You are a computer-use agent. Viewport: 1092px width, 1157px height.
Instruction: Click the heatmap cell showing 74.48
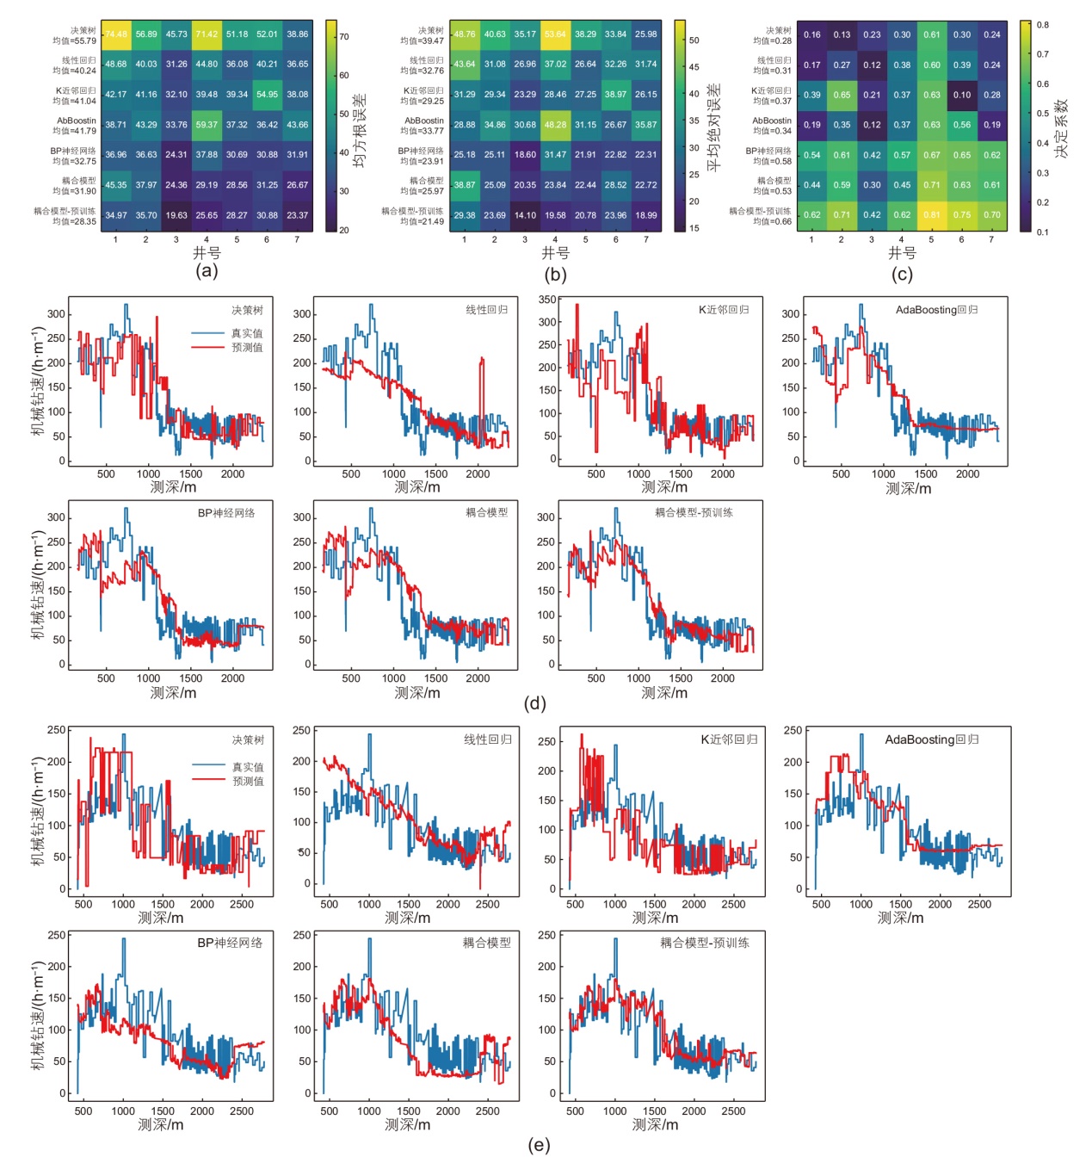tap(116, 34)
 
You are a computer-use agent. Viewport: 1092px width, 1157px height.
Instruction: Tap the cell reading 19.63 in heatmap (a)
tap(176, 215)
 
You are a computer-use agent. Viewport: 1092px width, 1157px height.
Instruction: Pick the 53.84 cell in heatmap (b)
tap(555, 34)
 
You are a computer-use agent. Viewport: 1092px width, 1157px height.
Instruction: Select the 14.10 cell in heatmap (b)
tap(525, 215)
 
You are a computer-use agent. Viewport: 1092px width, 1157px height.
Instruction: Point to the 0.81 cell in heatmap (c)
tap(932, 215)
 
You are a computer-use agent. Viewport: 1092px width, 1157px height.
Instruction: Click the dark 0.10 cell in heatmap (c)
tap(962, 95)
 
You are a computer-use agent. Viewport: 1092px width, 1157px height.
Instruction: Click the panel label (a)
tap(207, 271)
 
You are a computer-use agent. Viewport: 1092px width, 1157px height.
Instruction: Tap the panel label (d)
tap(534, 703)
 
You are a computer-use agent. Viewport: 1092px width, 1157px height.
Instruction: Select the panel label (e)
tap(539, 1145)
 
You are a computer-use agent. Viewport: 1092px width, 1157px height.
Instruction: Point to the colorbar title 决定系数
tap(1062, 127)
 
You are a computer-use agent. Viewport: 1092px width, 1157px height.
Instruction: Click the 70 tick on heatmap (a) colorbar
tap(344, 37)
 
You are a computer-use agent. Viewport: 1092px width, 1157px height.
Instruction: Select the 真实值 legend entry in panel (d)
tap(247, 333)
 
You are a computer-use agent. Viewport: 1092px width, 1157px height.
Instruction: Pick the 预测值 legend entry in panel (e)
tap(248, 781)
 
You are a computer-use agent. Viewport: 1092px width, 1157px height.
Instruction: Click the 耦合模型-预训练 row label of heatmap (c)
tap(761, 211)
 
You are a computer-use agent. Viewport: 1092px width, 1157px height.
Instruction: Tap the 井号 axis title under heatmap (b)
tap(555, 253)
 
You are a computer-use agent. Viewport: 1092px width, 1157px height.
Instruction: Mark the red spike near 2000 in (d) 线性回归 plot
tap(481, 379)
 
